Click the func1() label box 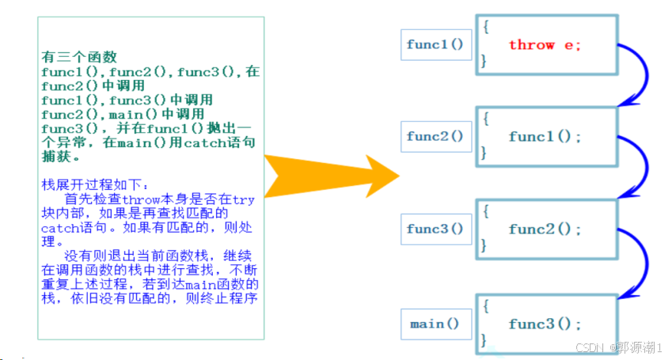[x=435, y=44]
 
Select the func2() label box [x=435, y=137]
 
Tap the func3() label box [x=435, y=229]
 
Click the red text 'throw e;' [x=545, y=45]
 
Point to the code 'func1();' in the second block [x=545, y=137]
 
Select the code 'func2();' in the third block [x=545, y=229]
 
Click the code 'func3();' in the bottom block [x=545, y=324]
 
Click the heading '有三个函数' [x=79, y=58]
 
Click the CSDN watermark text [x=618, y=348]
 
